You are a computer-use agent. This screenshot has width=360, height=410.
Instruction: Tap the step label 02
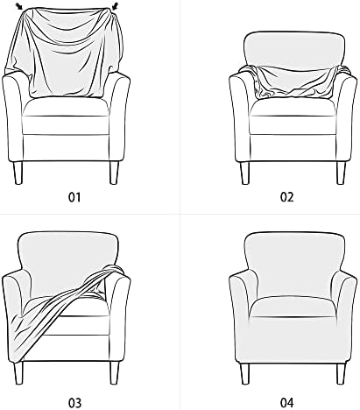coord(286,197)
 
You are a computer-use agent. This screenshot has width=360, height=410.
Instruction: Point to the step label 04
coord(286,402)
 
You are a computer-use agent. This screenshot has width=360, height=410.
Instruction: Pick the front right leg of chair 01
coord(114,172)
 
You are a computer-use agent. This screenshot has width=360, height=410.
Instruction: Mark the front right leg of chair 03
coord(114,371)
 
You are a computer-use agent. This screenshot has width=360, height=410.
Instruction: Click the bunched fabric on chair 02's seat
coord(289,83)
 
